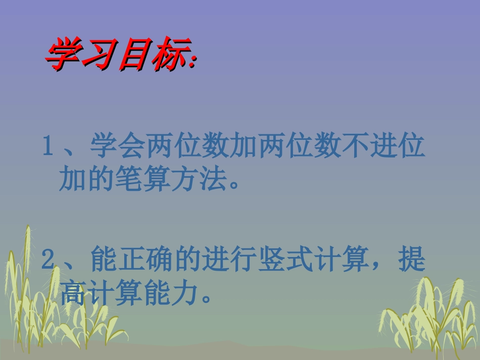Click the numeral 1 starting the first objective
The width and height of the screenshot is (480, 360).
click(47, 148)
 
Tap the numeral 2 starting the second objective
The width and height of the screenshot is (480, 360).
click(47, 260)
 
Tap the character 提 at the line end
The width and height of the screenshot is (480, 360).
click(412, 260)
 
